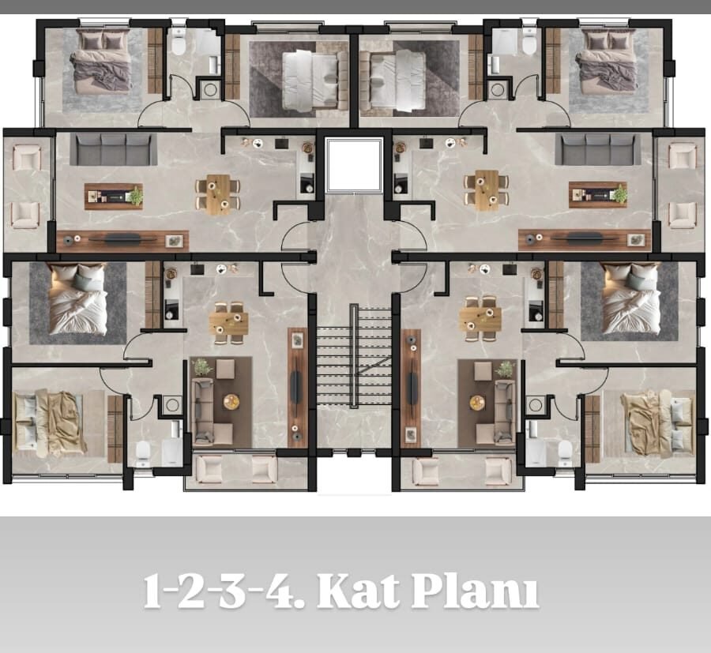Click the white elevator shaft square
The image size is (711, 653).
pos(354,164)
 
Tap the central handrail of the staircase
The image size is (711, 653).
pos(354,356)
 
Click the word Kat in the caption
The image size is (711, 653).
pos(358,592)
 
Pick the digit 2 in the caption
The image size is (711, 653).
pos(192,592)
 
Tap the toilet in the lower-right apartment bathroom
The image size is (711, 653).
pos(565,452)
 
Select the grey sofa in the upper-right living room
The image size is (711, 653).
pos(598,149)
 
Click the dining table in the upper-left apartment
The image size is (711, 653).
pos(218,194)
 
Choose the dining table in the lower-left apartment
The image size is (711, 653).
pos(228,323)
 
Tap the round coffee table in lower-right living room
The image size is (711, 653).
pos(477,403)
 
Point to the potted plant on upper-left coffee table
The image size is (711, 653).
pos(135,196)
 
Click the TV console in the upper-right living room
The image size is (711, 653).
pos(585,240)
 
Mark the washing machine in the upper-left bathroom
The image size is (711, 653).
pos(210,88)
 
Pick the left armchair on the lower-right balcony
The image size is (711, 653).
pos(425,471)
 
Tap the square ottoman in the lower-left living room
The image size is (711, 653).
pos(225,369)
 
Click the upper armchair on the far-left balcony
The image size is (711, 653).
pos(27,157)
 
